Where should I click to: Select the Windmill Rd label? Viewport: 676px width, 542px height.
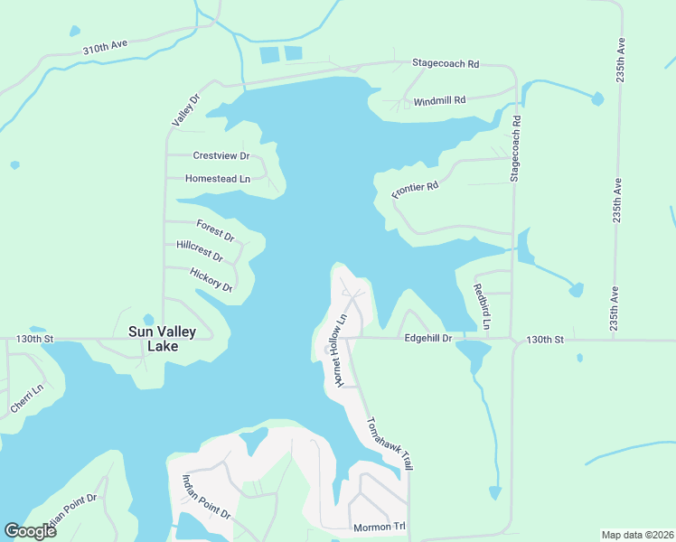(x=438, y=100)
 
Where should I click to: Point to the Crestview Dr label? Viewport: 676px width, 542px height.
(x=221, y=155)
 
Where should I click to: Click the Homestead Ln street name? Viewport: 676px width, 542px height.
(x=218, y=179)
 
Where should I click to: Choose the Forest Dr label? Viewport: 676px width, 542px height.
(x=215, y=230)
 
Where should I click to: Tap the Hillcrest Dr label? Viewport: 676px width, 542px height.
(x=200, y=251)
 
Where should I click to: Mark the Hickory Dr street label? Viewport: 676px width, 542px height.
(x=211, y=280)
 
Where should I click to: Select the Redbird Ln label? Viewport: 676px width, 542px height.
(x=481, y=306)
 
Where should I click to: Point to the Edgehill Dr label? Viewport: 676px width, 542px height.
(x=427, y=339)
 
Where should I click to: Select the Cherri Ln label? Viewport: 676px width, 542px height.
(x=27, y=400)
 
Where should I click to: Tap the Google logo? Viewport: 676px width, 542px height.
(x=30, y=531)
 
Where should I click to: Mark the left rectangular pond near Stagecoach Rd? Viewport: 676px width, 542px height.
(x=269, y=55)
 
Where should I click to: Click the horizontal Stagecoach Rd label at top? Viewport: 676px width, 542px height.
(x=445, y=64)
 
